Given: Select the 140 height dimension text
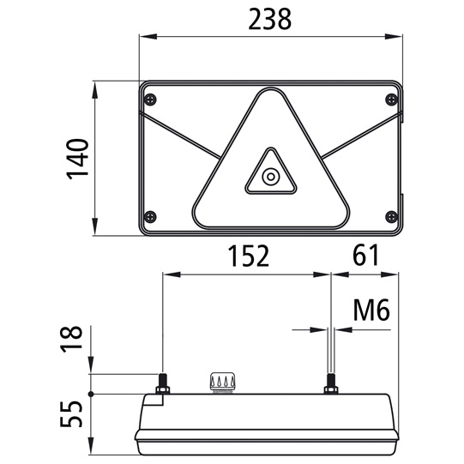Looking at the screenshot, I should (x=79, y=159).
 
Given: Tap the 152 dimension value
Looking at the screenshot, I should (x=248, y=256).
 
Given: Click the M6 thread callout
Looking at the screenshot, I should (x=371, y=310).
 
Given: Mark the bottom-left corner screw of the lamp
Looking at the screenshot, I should (x=151, y=215).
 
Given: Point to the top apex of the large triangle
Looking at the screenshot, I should (x=271, y=93).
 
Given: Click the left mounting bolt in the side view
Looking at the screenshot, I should (x=162, y=383).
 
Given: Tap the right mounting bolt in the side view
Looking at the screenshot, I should (x=329, y=384).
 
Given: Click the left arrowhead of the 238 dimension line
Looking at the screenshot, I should (x=144, y=37).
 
